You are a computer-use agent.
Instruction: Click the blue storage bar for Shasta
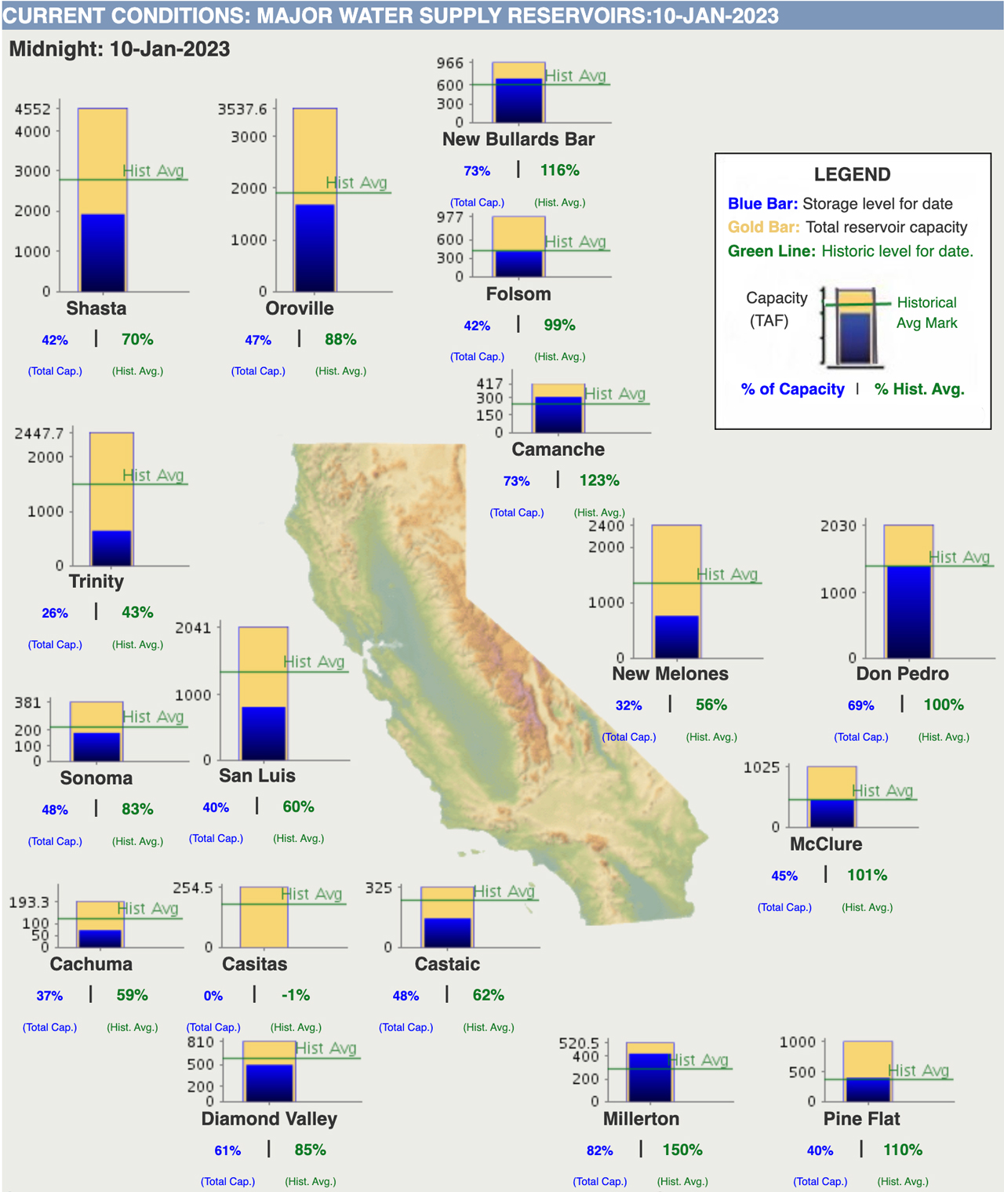click(103, 252)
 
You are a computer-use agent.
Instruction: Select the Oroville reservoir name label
click(300, 308)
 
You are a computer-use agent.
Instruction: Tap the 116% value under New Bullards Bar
click(559, 170)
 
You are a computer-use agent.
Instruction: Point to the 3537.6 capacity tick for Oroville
click(242, 109)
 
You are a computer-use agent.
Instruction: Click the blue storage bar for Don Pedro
click(908, 611)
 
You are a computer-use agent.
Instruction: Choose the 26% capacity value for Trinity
click(55, 613)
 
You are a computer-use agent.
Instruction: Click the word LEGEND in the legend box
click(852, 174)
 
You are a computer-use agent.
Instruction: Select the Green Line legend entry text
click(850, 251)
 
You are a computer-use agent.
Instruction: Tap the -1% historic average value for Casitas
click(296, 995)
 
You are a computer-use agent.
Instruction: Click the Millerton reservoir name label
click(641, 1118)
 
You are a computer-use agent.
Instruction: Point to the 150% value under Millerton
click(682, 1150)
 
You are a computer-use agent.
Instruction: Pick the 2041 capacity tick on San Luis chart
click(193, 628)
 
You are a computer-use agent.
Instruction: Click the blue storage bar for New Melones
click(676, 636)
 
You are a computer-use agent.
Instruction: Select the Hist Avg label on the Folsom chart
click(576, 242)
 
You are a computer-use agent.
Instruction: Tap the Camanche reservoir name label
click(558, 450)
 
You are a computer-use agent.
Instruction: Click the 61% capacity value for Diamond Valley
click(227, 1150)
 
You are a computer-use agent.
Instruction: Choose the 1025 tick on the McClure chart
click(762, 767)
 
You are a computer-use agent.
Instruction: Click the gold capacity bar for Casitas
click(263, 917)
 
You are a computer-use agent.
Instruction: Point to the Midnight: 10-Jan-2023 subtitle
click(119, 49)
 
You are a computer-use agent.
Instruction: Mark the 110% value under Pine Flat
click(903, 1150)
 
